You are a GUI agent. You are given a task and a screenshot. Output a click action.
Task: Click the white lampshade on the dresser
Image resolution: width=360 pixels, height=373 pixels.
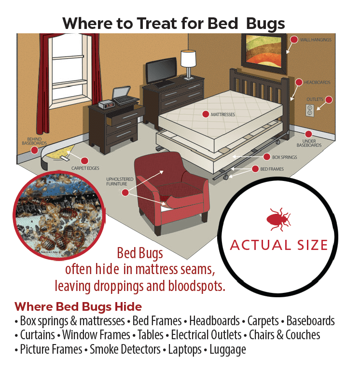[x=188, y=58]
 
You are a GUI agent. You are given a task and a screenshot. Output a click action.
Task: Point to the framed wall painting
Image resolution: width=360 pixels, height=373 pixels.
[x=264, y=53]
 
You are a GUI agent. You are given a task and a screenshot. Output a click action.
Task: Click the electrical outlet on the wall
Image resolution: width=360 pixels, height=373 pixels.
[x=310, y=111]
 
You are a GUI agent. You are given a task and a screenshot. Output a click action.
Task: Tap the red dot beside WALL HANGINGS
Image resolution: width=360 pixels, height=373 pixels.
[x=294, y=40]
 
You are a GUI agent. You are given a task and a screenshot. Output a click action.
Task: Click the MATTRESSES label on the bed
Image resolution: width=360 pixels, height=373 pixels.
[x=223, y=115]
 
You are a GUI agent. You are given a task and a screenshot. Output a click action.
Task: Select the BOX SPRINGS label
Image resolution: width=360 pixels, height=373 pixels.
[x=285, y=157]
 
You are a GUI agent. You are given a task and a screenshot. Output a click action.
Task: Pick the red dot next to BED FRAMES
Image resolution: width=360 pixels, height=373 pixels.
[x=255, y=169]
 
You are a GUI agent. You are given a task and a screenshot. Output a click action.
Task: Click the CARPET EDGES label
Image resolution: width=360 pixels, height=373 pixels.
[x=85, y=168]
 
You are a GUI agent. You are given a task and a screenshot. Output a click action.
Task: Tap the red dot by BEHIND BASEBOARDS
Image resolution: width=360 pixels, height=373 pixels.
[x=34, y=150]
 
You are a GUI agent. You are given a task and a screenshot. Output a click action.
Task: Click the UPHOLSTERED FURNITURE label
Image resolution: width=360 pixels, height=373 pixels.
[x=120, y=181]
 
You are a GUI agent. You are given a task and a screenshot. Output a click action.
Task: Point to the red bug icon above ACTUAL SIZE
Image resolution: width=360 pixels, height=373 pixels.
[x=278, y=220]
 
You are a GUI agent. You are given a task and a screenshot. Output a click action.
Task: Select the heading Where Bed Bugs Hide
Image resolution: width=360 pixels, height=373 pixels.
[x=78, y=306]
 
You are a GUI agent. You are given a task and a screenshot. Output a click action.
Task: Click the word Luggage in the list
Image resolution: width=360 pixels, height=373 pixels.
[x=228, y=349]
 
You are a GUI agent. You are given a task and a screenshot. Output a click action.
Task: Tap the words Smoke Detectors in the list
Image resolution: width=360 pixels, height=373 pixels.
[x=125, y=349]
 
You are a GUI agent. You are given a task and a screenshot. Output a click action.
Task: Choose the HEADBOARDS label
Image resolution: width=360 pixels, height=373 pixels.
[x=317, y=83]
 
